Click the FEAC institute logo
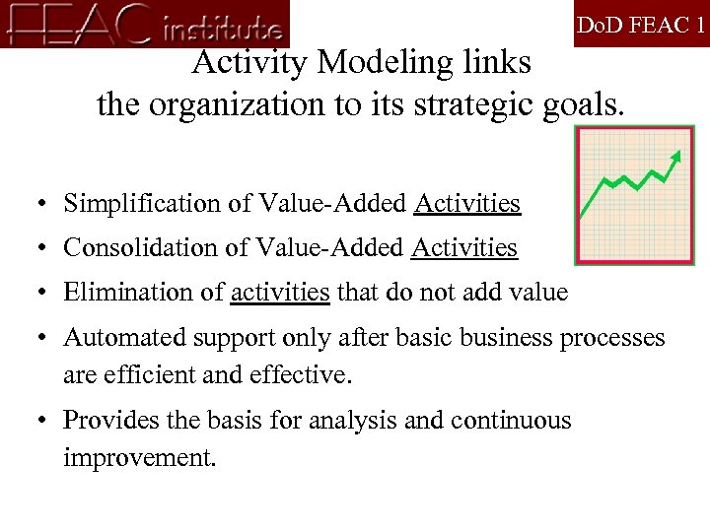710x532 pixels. point(146,24)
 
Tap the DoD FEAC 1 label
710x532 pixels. point(641,25)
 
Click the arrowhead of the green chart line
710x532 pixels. point(675,156)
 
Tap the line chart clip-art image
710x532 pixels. point(634,194)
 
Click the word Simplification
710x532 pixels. point(135,204)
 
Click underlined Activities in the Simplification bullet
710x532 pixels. point(467,204)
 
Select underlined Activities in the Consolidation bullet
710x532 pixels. point(464,248)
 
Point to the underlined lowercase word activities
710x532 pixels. point(280,293)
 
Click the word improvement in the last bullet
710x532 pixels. point(137,459)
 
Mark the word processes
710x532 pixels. point(612,338)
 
